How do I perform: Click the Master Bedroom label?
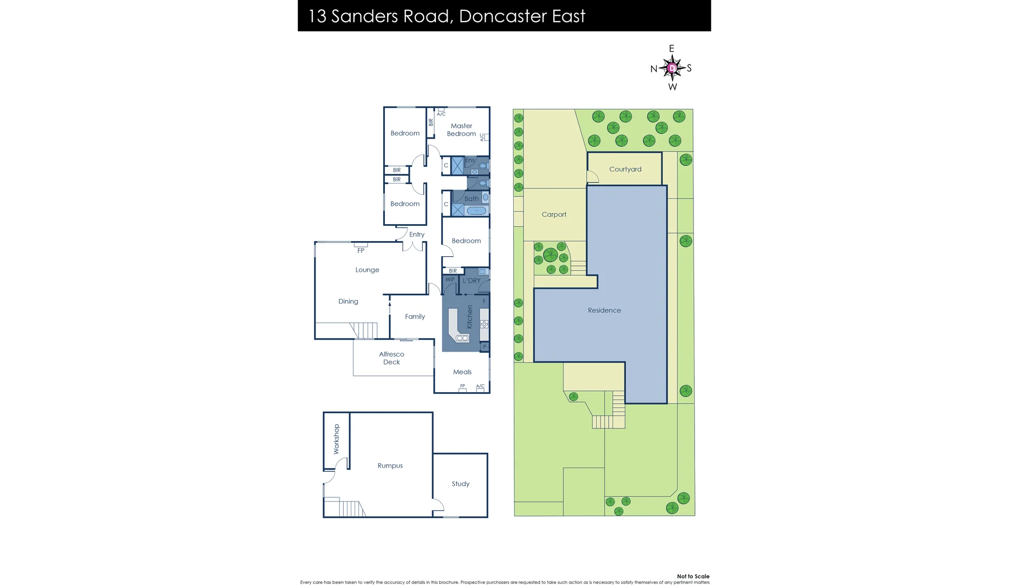[x=461, y=130]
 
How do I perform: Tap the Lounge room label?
[x=367, y=270]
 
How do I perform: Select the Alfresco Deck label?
[x=391, y=358]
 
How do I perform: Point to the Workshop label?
[x=336, y=439]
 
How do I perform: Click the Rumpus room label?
[x=390, y=465]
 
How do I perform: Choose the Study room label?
[x=461, y=484]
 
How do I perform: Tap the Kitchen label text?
[x=469, y=317]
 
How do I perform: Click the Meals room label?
[x=462, y=372]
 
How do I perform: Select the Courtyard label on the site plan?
[x=625, y=169]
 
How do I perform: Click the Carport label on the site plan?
[x=554, y=214]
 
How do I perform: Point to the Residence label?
[x=604, y=310]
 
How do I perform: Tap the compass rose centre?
[x=672, y=68]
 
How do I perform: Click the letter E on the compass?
[x=672, y=49]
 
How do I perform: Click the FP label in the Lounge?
[x=361, y=251]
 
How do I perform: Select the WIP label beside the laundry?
[x=450, y=280]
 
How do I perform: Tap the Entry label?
[x=417, y=235]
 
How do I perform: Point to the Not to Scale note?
[x=693, y=576]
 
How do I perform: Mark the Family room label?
[x=415, y=316]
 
